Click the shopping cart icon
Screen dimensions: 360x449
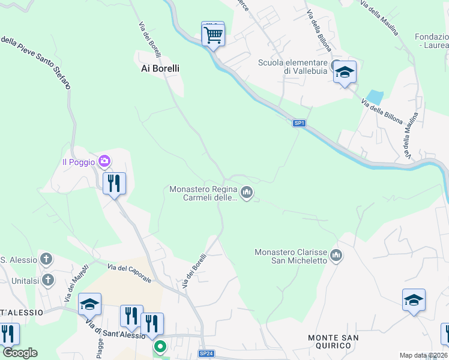(x=213, y=34)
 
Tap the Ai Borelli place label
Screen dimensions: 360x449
(x=160, y=68)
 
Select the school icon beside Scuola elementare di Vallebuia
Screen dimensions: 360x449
(x=345, y=72)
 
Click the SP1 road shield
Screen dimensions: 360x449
(x=300, y=123)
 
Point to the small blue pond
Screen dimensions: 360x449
(x=375, y=97)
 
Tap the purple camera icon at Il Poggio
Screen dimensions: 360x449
(x=105, y=161)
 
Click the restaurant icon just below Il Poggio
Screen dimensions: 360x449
(x=114, y=183)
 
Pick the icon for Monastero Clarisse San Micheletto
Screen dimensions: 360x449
(x=337, y=256)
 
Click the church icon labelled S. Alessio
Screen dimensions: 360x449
(x=47, y=259)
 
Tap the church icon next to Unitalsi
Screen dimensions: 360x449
(x=48, y=280)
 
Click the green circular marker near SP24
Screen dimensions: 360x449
(x=160, y=347)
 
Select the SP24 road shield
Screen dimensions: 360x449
(x=206, y=353)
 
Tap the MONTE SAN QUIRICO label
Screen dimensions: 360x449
(x=333, y=341)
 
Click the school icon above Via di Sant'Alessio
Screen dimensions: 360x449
(x=89, y=304)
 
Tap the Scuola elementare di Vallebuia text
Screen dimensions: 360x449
(x=293, y=67)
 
